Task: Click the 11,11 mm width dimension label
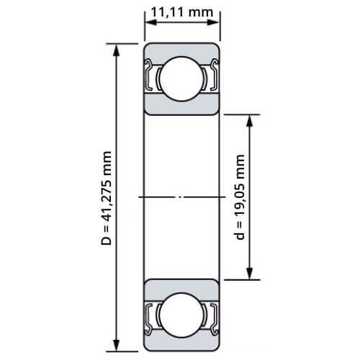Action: click(x=181, y=12)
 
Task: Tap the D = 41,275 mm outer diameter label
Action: click(x=107, y=198)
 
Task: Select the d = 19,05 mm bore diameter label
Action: click(x=240, y=197)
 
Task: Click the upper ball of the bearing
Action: click(x=181, y=78)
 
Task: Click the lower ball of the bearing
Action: click(x=181, y=315)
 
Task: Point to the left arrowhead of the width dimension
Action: click(x=151, y=22)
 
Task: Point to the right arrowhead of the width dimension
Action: click(x=213, y=22)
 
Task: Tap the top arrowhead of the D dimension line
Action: click(x=117, y=50)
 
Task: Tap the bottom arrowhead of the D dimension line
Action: click(x=117, y=345)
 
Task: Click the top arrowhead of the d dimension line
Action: click(x=250, y=121)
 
